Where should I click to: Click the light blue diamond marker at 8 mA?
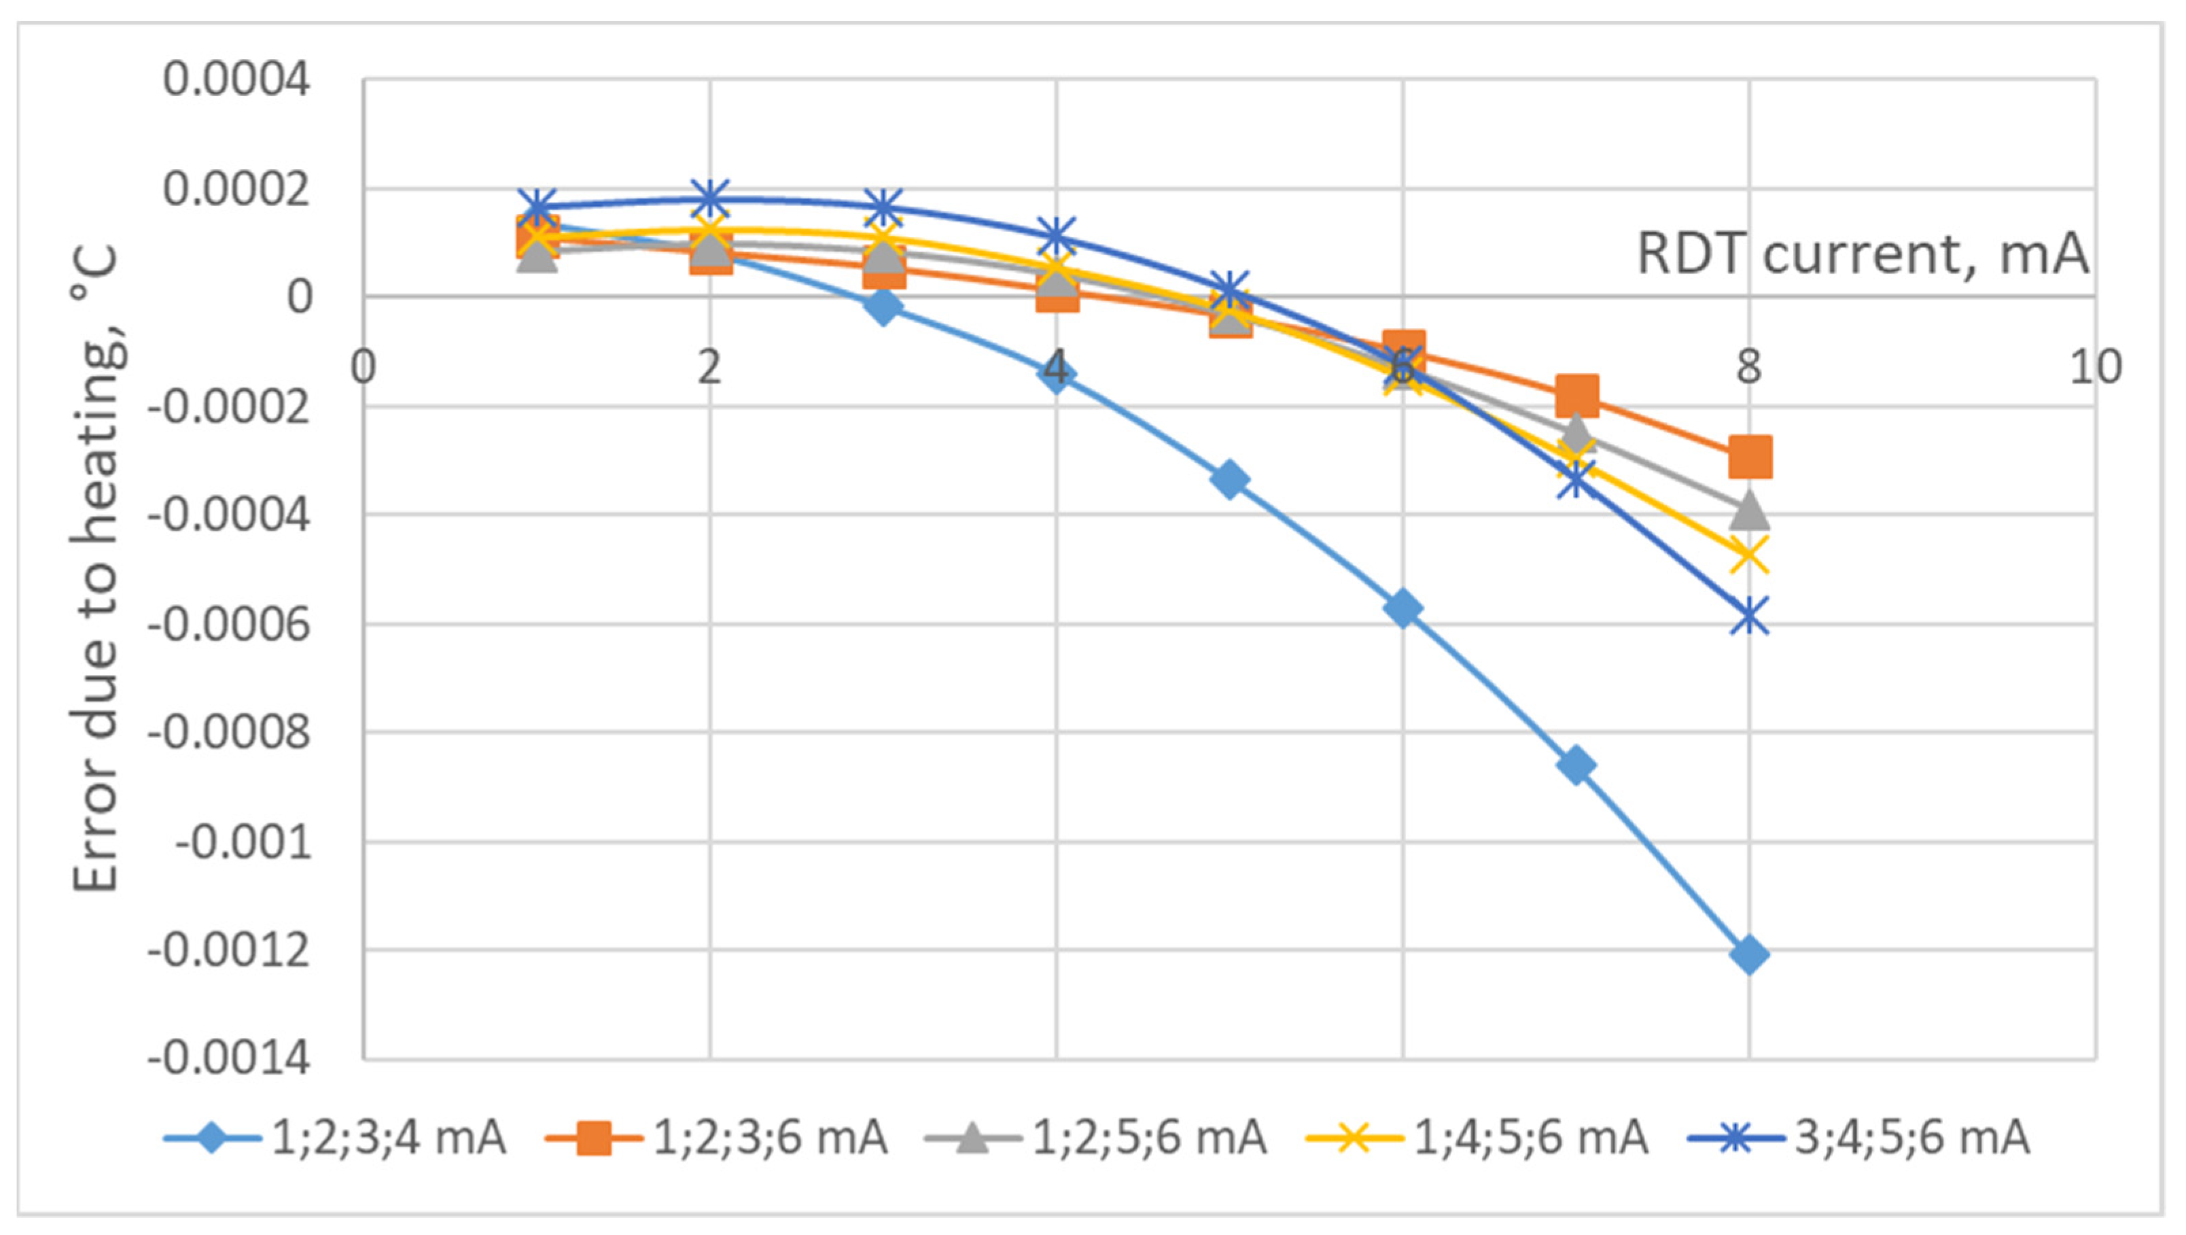[x=1749, y=955]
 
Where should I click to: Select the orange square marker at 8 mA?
[x=1749, y=457]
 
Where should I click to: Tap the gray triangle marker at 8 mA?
[x=1749, y=511]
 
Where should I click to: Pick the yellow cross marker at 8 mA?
[x=1749, y=556]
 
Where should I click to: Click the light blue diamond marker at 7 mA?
[x=1576, y=765]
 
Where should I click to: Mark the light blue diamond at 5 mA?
[x=1230, y=480]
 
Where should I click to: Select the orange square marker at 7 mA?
[x=1576, y=396]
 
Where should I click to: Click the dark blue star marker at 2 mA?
[x=710, y=199]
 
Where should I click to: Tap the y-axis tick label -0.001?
[x=243, y=843]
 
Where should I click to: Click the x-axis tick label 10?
[x=2095, y=368]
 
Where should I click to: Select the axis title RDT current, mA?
[x=1862, y=253]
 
